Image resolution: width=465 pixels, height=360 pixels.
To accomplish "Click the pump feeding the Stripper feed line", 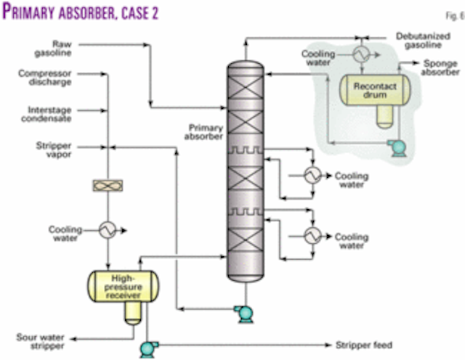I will click(150, 347).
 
